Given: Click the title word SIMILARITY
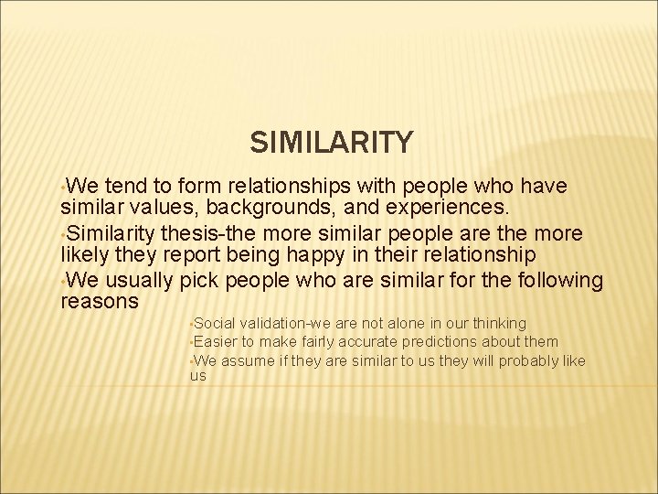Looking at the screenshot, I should [331, 143].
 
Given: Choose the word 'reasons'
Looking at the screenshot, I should [99, 301].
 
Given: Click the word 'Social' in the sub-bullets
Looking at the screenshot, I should [214, 323].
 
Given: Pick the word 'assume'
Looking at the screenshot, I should [248, 360].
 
